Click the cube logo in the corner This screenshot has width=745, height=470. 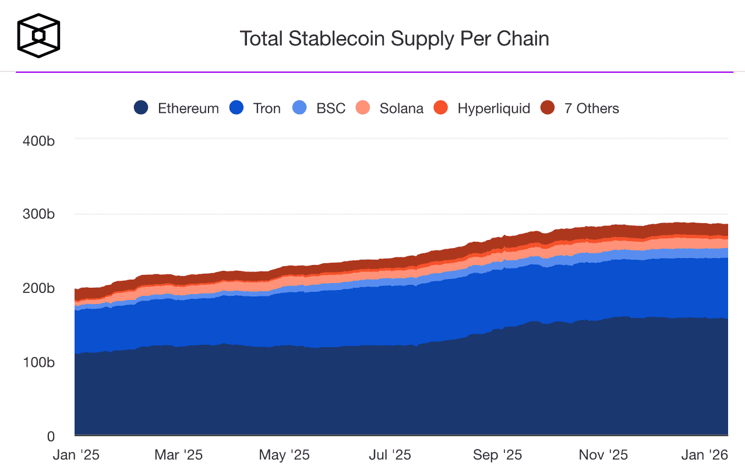pyautogui.click(x=38, y=36)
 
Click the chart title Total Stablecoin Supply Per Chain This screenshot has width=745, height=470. pyautogui.click(x=394, y=38)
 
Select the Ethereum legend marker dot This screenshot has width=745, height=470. pyautogui.click(x=141, y=108)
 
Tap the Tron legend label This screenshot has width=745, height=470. pyautogui.click(x=267, y=108)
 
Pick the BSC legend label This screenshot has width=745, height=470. pyautogui.click(x=331, y=108)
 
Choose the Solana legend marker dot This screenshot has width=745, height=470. pyautogui.click(x=363, y=108)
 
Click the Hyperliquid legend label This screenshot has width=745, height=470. pyautogui.click(x=494, y=108)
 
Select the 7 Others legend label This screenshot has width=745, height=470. pyautogui.click(x=591, y=108)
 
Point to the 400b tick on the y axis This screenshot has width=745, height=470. pyautogui.click(x=38, y=140)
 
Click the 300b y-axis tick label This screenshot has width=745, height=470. pyautogui.click(x=38, y=214)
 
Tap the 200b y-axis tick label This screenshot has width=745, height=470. pyautogui.click(x=38, y=288)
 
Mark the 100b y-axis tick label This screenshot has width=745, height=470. pyautogui.click(x=38, y=362)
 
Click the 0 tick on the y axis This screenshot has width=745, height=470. pyautogui.click(x=51, y=436)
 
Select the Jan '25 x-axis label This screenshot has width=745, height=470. pyautogui.click(x=73, y=455)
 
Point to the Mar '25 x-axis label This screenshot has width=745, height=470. pyautogui.click(x=178, y=455)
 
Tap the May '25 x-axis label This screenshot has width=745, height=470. pyautogui.click(x=284, y=455)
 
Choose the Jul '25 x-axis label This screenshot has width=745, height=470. pyautogui.click(x=390, y=455)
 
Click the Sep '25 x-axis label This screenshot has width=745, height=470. pyautogui.click(x=497, y=455)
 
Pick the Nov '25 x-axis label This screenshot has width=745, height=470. pyautogui.click(x=603, y=455)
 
